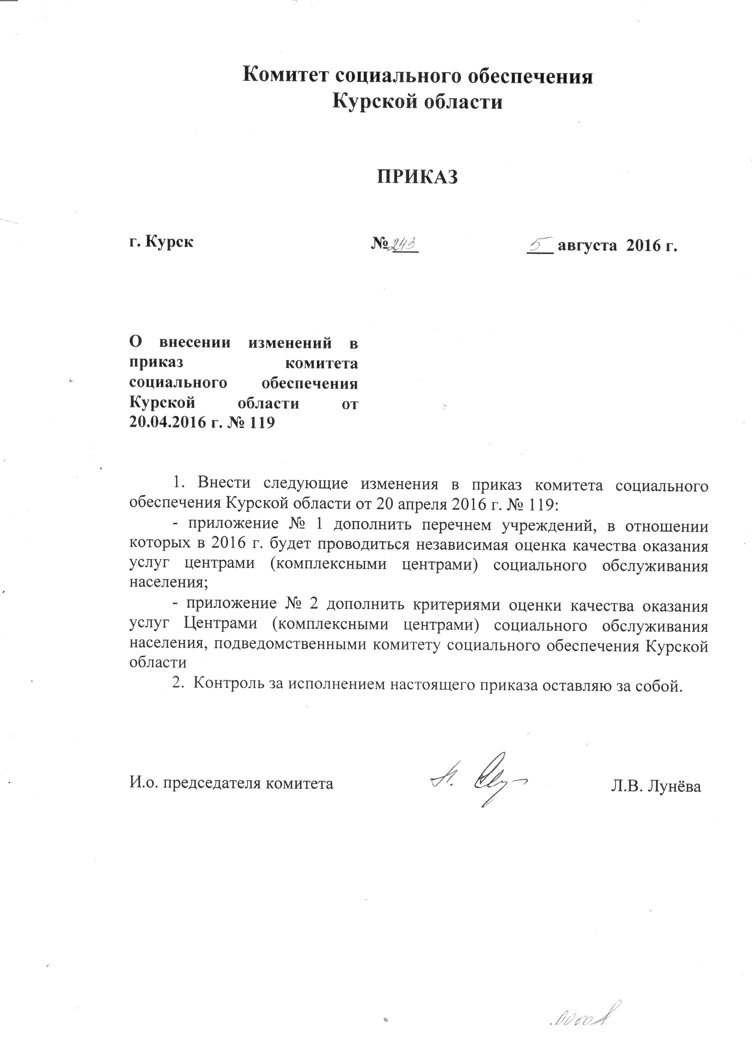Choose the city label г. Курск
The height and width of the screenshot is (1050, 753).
pyautogui.click(x=161, y=242)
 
